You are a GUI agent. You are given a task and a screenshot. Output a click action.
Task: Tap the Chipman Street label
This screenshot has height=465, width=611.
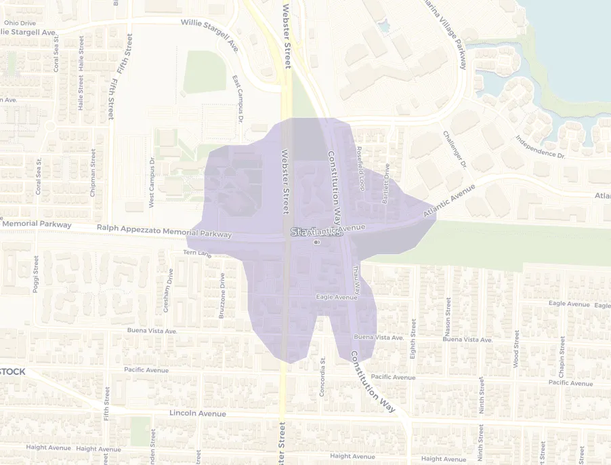pyautogui.click(x=93, y=173)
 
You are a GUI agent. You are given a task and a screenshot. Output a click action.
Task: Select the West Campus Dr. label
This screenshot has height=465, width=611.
pyautogui.click(x=152, y=183)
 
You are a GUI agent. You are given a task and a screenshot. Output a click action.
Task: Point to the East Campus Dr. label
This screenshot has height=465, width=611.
pyautogui.click(x=237, y=100)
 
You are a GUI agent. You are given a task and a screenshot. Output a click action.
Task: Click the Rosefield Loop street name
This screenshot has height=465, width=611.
pyautogui.click(x=360, y=168)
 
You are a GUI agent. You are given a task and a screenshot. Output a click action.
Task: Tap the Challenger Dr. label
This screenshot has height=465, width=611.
pyautogui.click(x=455, y=150)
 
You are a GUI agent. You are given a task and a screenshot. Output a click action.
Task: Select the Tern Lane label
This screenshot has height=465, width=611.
pyautogui.click(x=198, y=254)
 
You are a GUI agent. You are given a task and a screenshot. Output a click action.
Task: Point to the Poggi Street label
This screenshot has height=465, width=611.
pyautogui.click(x=36, y=275)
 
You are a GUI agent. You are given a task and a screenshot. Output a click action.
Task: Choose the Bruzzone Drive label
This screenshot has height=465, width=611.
pyautogui.click(x=222, y=296)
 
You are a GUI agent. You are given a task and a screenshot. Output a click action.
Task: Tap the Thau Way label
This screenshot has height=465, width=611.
pyautogui.click(x=356, y=279)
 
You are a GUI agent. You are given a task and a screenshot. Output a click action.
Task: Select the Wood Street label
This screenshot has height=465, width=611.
pyautogui.click(x=516, y=349)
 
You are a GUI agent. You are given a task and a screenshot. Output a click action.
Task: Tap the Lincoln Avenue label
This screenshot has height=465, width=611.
pyautogui.click(x=198, y=413)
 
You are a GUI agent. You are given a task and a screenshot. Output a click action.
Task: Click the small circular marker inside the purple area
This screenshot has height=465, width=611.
pyautogui.click(x=316, y=242)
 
